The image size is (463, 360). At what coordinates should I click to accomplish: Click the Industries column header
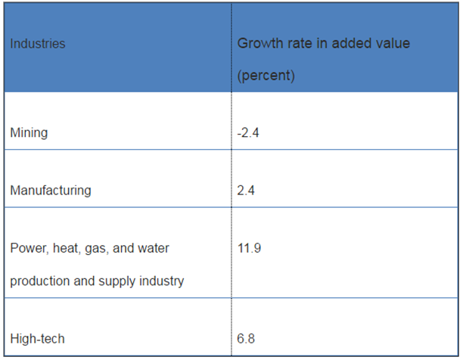point(38,44)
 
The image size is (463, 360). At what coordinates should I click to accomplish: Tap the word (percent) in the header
point(266,76)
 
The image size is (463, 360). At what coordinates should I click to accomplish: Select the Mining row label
point(29,133)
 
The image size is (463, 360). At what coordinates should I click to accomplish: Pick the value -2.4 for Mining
point(247,133)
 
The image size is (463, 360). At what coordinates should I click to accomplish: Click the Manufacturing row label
point(51,191)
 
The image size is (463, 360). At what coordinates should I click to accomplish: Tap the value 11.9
point(249,248)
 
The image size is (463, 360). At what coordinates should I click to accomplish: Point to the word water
point(163,248)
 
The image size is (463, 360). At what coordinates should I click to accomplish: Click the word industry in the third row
point(165,281)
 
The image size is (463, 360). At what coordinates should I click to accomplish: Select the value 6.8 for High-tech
point(246,339)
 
